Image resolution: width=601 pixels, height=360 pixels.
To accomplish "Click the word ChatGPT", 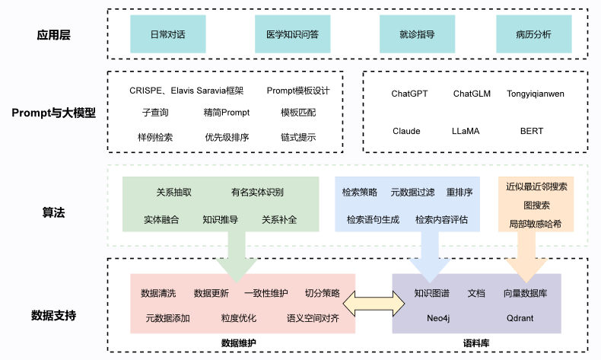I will pos(409,94).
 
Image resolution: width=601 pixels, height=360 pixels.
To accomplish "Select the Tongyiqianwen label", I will pos(536,94).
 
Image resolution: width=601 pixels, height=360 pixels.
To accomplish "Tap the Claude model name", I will pos(406,131).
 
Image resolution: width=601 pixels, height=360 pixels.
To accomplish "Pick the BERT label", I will pos(532,131).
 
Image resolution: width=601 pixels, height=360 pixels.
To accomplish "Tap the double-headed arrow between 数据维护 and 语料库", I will pos(374,304).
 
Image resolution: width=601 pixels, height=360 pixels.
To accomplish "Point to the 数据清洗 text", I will pos(157,293).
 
